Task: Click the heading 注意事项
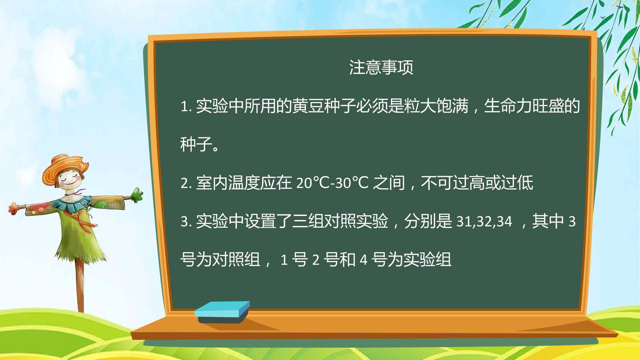(381, 67)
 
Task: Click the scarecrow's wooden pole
(80, 287)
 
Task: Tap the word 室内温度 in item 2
(228, 183)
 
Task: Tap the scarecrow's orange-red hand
(14, 208)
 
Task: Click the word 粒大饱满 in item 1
(436, 106)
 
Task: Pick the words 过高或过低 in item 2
(493, 183)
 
